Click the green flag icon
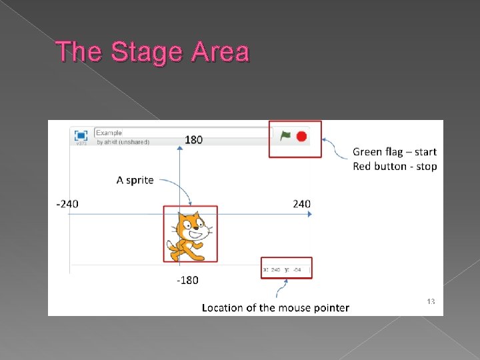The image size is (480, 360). (286, 136)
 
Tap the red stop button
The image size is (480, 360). (301, 136)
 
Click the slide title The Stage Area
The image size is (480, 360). (153, 51)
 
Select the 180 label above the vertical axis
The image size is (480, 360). (194, 139)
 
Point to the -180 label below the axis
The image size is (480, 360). (187, 280)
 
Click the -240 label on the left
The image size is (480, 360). (67, 203)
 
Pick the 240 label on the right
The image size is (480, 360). (301, 203)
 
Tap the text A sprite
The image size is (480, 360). (135, 180)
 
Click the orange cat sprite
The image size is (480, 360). (189, 235)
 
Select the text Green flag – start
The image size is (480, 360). (395, 152)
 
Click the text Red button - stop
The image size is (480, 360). (395, 166)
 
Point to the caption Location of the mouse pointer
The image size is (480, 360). (275, 307)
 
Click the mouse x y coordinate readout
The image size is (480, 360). (287, 269)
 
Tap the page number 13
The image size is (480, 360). (431, 302)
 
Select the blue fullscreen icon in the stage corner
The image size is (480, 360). (81, 135)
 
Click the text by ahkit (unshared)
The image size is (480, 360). (123, 142)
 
